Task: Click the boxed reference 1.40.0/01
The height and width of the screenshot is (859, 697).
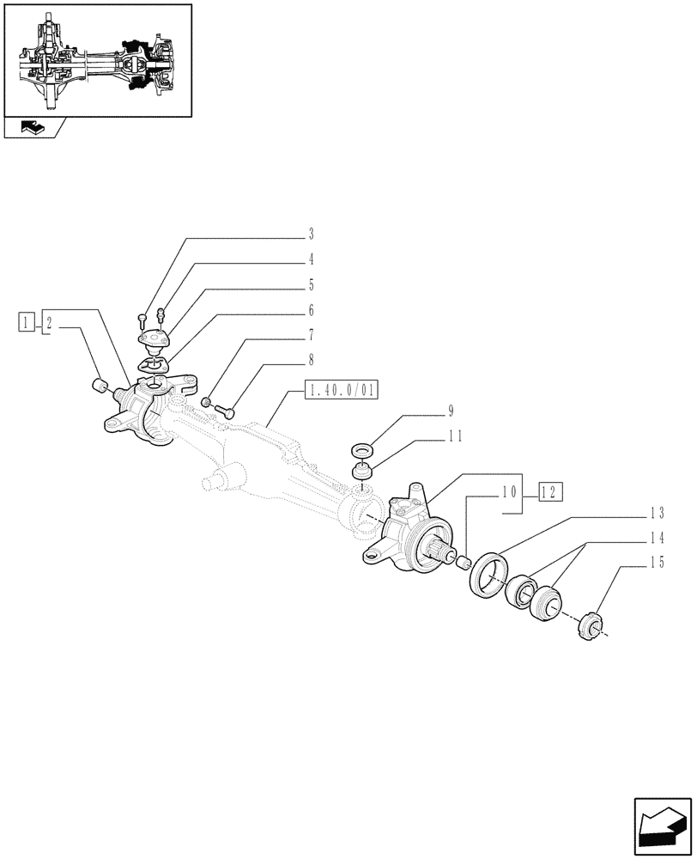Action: (341, 392)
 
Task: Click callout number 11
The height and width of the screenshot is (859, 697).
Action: (455, 436)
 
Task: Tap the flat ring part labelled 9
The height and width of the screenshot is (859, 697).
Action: (362, 449)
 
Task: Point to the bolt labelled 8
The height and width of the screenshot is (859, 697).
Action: (227, 411)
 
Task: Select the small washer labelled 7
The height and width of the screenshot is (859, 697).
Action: (206, 402)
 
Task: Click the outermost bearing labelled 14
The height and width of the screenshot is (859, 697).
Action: (546, 601)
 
